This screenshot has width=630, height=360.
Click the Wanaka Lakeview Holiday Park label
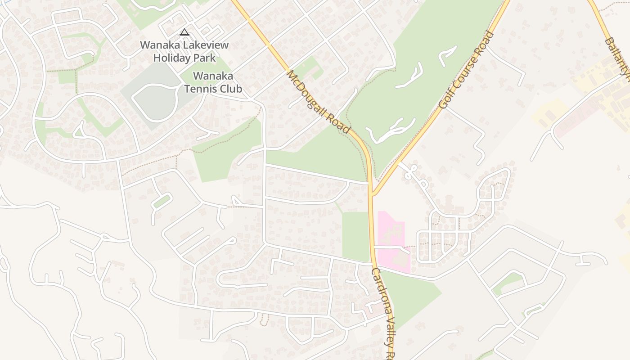(184, 51)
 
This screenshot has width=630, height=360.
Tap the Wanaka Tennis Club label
(213, 82)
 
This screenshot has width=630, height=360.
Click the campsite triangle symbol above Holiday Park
(184, 32)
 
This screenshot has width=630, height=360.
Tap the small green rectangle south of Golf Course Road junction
(355, 236)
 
